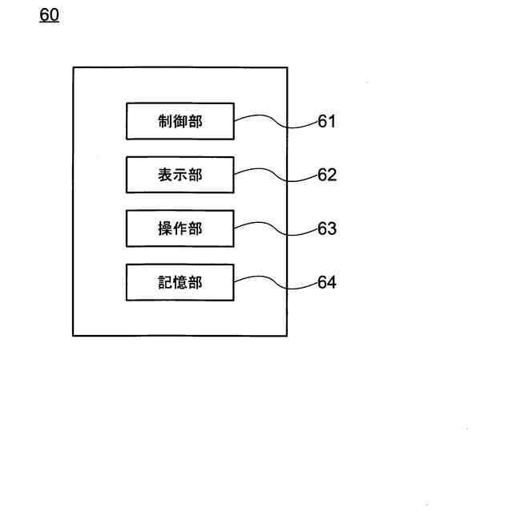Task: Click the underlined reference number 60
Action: (x=49, y=15)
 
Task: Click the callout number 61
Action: (x=326, y=122)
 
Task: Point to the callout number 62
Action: (x=326, y=175)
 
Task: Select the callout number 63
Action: (x=326, y=228)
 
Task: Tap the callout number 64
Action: (x=326, y=282)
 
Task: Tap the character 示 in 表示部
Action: (x=180, y=175)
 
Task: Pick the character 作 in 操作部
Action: (x=180, y=228)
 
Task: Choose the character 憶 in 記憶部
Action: (x=180, y=282)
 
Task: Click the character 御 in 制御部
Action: (x=180, y=121)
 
